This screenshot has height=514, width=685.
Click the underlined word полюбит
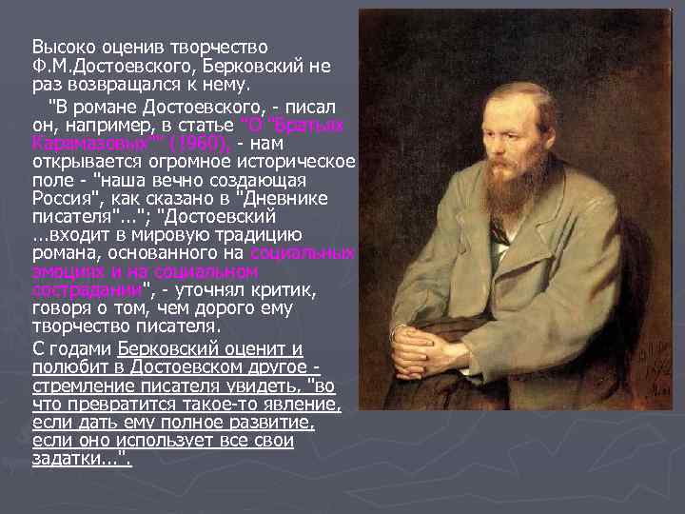[68, 367]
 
